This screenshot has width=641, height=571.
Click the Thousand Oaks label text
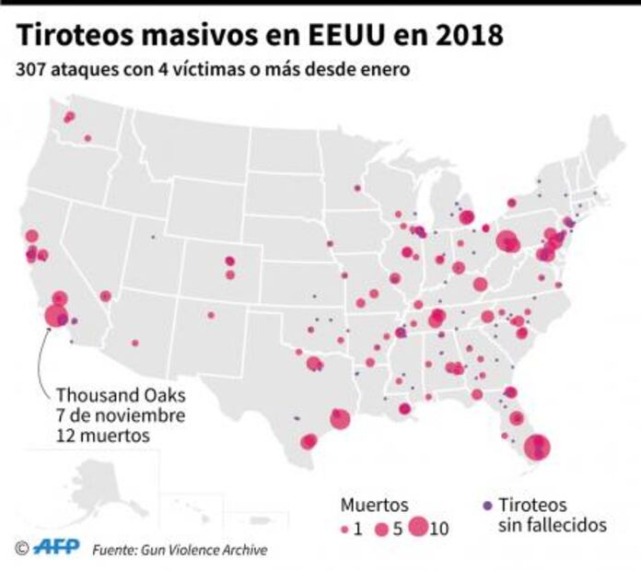coord(120,394)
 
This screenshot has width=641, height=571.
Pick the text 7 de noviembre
coord(119,414)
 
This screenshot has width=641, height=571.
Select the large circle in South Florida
coord(537,449)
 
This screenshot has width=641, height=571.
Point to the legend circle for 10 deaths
coord(418,528)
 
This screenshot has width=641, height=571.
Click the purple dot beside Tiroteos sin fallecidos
coord(487,506)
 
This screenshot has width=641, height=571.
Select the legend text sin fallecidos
coord(552,526)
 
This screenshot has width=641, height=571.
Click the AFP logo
coord(56,549)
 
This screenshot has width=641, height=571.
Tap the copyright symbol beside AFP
coord(21,549)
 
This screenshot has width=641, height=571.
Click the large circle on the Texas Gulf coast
coord(340,419)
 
